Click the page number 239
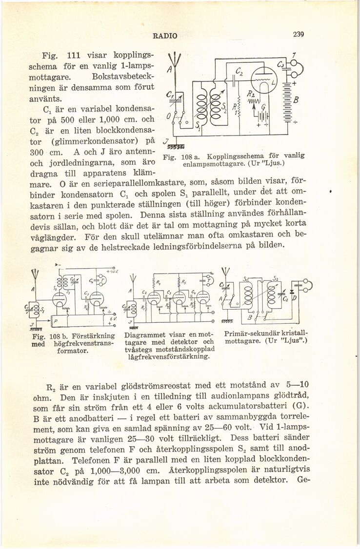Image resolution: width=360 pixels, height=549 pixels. (299, 35)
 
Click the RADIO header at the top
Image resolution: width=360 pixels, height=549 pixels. (165, 35)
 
